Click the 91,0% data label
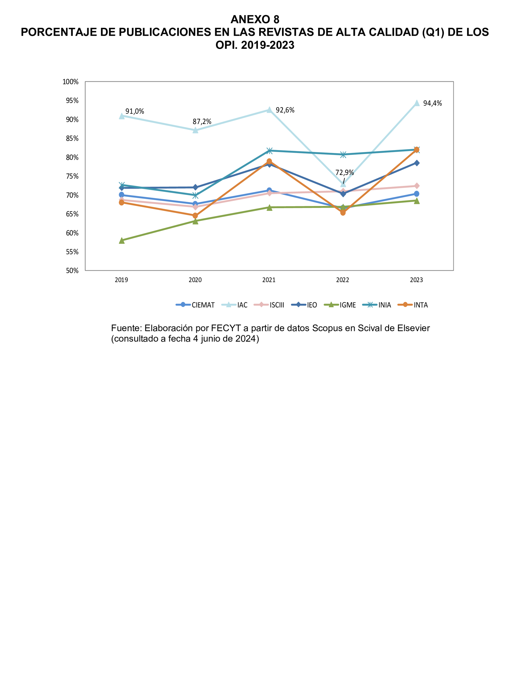135,111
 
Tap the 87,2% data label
202,121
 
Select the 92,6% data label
285,110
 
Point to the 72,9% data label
344,172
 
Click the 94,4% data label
432,103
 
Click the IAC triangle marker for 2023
416,103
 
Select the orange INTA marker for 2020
195,216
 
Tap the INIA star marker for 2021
269,151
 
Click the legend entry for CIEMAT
195,305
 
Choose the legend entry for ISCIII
269,305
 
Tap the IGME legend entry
340,305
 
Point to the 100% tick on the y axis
70,82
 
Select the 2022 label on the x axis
343,280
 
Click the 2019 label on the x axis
121,280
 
